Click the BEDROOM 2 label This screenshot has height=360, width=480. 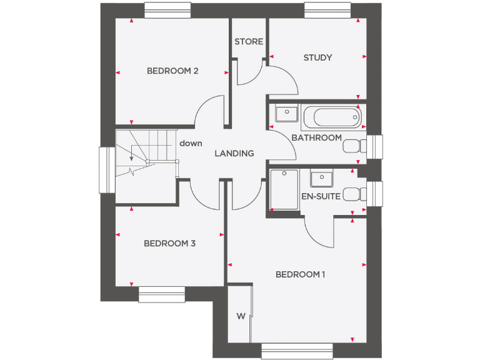click(x=172, y=71)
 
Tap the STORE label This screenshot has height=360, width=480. click(x=249, y=42)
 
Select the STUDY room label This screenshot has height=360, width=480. click(x=317, y=57)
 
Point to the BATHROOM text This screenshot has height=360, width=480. click(x=317, y=137)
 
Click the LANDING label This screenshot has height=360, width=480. click(x=234, y=153)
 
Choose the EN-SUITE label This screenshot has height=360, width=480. click(x=321, y=196)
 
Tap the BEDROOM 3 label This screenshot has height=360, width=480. click(x=169, y=243)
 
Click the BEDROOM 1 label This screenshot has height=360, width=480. click(x=301, y=274)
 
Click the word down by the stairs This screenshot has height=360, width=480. click(x=191, y=143)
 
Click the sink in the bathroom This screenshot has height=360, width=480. click(x=286, y=114)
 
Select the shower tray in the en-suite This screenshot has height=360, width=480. click(x=284, y=190)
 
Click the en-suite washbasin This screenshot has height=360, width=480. click(x=322, y=178)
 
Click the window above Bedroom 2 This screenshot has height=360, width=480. click(x=167, y=10)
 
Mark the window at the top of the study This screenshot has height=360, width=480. click(x=326, y=10)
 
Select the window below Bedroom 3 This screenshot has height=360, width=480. click(x=162, y=294)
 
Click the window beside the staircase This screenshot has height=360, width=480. click(x=107, y=170)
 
